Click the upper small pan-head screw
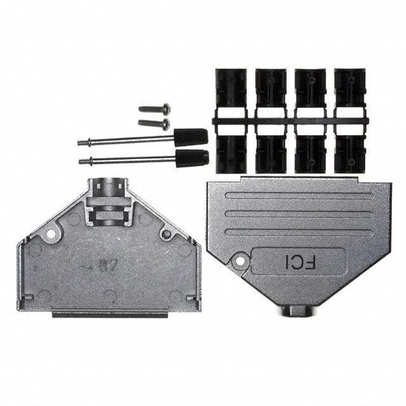click(x=154, y=109)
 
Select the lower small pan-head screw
click(x=154, y=123)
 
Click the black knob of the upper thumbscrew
click(x=191, y=136)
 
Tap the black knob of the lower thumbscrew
click(x=192, y=157)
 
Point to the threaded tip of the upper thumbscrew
click(x=82, y=143)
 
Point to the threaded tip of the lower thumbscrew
click(x=83, y=161)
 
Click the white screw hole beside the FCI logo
click(x=240, y=259)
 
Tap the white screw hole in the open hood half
click(x=49, y=235)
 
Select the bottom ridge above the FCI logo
click(x=298, y=232)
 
